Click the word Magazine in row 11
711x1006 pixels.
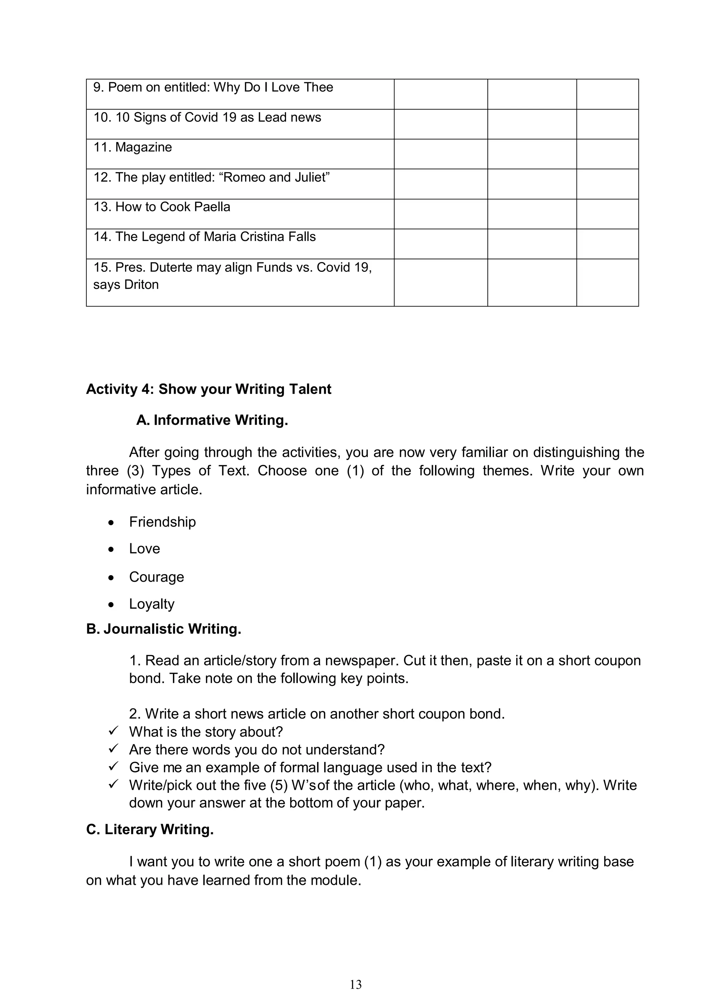(x=143, y=147)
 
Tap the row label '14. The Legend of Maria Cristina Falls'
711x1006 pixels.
(x=204, y=237)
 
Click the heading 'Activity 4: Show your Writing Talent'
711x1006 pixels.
(x=209, y=389)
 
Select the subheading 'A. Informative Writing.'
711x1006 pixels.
(x=212, y=420)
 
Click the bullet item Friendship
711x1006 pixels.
(x=162, y=522)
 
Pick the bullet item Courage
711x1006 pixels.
(x=156, y=577)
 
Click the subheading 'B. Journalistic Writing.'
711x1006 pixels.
(x=164, y=629)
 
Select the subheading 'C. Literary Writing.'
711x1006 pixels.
(x=150, y=829)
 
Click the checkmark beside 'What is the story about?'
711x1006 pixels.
(x=114, y=731)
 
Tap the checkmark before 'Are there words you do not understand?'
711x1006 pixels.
(x=114, y=749)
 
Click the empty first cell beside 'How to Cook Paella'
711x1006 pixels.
(x=440, y=214)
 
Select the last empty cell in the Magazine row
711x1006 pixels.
(x=607, y=154)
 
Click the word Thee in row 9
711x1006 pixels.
(x=318, y=87)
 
